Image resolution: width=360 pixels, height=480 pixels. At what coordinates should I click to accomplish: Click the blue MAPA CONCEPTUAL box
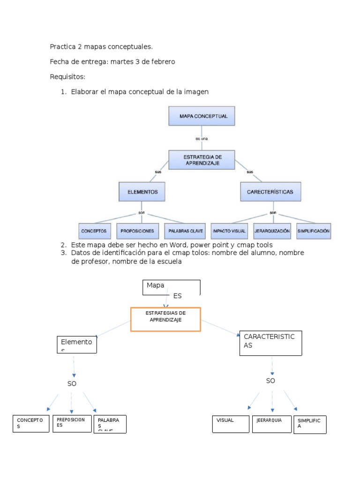click(x=202, y=116)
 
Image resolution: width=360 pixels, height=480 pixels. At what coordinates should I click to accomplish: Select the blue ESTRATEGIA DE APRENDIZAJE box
click(x=202, y=160)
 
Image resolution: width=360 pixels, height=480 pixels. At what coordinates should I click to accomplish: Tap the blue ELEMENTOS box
click(x=142, y=192)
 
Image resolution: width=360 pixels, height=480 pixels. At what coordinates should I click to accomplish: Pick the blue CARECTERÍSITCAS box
click(x=270, y=192)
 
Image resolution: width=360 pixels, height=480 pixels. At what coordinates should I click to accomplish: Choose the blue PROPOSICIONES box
click(x=137, y=231)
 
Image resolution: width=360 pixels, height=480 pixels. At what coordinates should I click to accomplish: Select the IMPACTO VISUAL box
click(x=230, y=231)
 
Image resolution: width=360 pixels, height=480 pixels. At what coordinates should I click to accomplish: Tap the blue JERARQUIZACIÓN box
click(x=272, y=231)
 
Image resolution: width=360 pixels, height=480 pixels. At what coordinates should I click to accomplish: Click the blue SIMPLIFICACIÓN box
click(x=313, y=231)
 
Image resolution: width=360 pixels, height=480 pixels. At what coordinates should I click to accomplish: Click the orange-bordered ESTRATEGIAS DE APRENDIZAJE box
click(x=165, y=319)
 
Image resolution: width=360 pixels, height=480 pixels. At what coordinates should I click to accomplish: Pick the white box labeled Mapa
click(x=171, y=287)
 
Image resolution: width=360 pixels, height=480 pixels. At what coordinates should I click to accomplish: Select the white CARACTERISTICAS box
click(x=270, y=343)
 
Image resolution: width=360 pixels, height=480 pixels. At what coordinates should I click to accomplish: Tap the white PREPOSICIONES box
click(x=72, y=424)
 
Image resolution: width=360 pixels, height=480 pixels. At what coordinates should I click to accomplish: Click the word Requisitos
click(x=67, y=77)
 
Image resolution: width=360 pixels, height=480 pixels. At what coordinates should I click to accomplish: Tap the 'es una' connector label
click(x=202, y=139)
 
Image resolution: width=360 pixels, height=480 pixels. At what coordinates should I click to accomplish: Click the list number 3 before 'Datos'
click(x=63, y=253)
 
